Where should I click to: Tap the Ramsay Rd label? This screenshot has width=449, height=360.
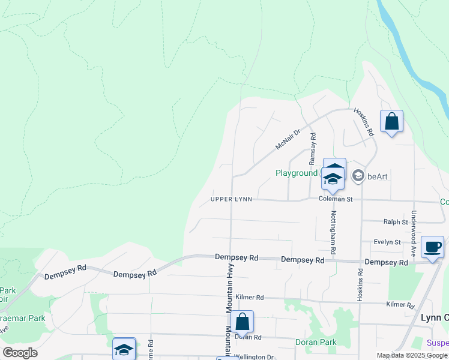[x=312, y=149]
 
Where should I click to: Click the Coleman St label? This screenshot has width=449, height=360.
[x=335, y=199]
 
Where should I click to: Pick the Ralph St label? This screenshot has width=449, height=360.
[x=396, y=222]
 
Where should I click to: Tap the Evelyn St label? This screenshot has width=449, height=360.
[x=387, y=242]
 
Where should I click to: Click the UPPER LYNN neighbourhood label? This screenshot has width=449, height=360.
[x=231, y=199]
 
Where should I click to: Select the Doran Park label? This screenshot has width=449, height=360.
[x=316, y=343]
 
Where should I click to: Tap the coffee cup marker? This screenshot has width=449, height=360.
[x=432, y=247]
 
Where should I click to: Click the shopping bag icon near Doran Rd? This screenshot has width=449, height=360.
[x=242, y=322]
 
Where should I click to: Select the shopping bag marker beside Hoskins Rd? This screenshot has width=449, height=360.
[x=391, y=122]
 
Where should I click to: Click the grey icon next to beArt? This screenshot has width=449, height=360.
[x=358, y=175]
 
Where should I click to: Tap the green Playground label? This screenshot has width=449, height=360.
[x=297, y=173]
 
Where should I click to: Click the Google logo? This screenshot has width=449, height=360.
[x=20, y=353]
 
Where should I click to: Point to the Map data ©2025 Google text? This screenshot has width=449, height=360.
[x=412, y=356]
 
